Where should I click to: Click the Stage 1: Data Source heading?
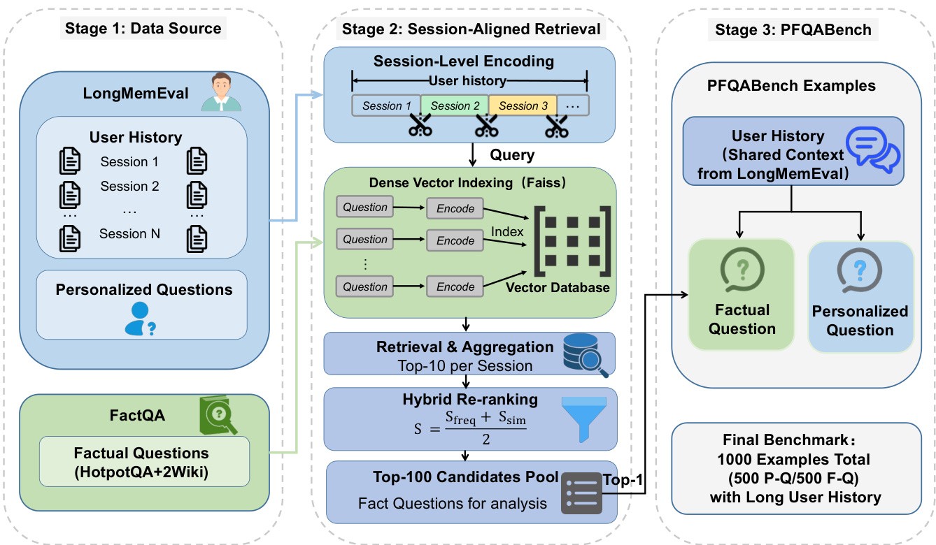143,29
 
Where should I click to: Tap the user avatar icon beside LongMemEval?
222,91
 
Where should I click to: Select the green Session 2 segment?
455,106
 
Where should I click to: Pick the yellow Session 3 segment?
523,106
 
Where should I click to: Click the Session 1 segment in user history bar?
386,106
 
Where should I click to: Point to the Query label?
512,155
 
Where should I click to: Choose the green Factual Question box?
742,293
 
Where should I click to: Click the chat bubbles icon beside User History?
872,149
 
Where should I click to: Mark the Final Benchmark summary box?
795,468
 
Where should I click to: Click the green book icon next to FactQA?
218,416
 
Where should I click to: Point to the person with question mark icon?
140,319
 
